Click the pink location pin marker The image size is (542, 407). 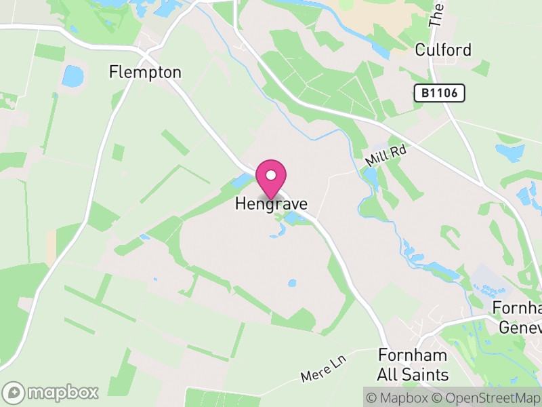[271, 178]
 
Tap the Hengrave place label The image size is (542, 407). [271, 203]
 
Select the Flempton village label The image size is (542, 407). [146, 72]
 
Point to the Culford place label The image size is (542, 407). [443, 50]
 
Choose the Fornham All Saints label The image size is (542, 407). [413, 365]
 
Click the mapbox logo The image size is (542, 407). [51, 392]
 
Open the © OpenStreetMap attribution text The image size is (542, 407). [487, 397]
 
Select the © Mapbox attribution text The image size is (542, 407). [400, 397]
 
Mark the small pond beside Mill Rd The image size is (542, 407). [371, 178]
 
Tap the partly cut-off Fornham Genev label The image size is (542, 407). [519, 317]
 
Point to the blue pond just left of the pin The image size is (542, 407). [241, 180]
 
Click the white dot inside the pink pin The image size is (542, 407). [271, 175]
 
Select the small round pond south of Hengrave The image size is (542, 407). [292, 283]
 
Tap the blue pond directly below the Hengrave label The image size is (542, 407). [293, 218]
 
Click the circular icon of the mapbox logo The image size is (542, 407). [14, 392]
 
